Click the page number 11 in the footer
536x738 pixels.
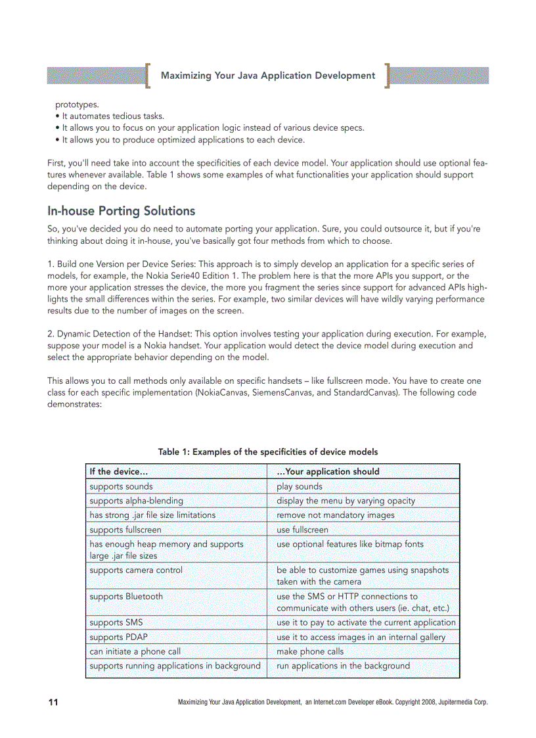click(x=53, y=703)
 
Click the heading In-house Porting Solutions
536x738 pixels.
click(x=122, y=211)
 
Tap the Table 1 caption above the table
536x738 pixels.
click(x=267, y=451)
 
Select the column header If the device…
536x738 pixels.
click(x=119, y=471)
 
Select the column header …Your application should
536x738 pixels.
click(x=328, y=471)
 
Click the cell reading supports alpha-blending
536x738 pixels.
click(x=136, y=501)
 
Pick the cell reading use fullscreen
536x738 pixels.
click(x=302, y=530)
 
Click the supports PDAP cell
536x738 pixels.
click(x=116, y=637)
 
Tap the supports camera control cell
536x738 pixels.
click(x=136, y=570)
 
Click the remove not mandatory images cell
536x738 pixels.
click(x=336, y=515)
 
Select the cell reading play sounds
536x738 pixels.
click(x=300, y=486)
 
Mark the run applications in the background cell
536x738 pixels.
click(x=343, y=666)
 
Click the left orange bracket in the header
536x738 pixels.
click(x=148, y=76)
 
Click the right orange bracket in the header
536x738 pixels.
click(x=388, y=76)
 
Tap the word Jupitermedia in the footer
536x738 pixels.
click(x=455, y=703)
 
